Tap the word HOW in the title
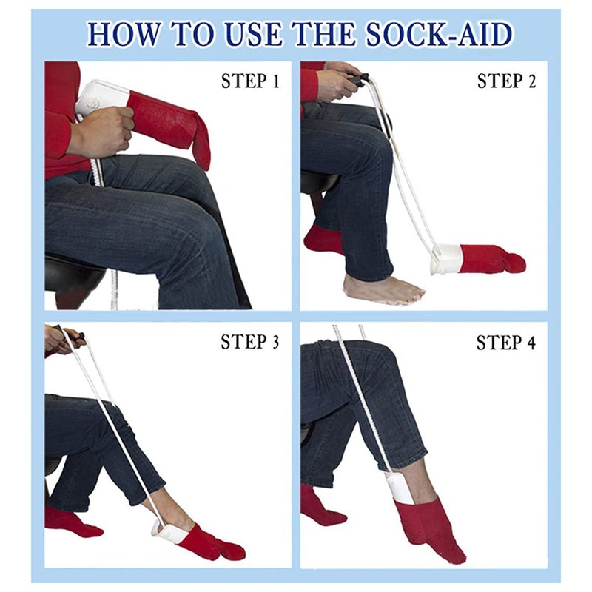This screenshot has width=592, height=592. point(121,34)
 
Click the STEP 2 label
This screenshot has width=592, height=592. point(505,81)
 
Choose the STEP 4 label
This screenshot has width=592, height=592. point(505,343)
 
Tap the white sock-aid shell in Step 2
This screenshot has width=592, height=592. point(447,258)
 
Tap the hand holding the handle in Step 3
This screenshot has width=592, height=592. point(62,340)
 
